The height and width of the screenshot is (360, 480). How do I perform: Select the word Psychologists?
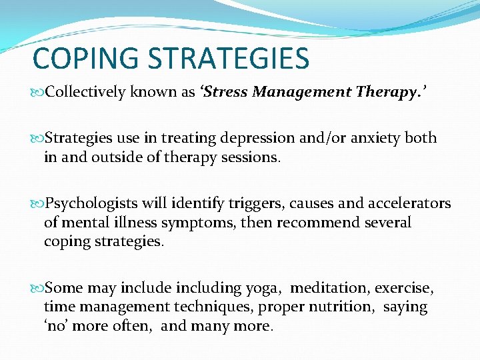pos(92,203)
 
